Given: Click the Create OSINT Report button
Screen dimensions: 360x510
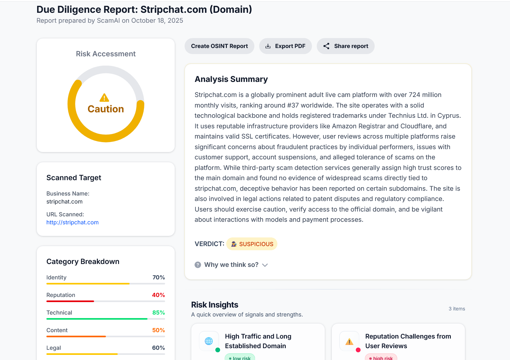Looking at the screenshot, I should [219, 46].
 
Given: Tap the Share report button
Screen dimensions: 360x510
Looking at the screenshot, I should [346, 46].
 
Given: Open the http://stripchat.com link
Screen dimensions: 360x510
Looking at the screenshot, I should [73, 222].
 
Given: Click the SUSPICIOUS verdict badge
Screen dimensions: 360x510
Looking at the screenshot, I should [252, 244].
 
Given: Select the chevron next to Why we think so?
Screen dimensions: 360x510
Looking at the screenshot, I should [265, 265].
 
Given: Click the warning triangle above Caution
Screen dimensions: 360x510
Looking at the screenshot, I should [104, 98].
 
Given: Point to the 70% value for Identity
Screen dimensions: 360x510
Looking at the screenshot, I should [159, 277].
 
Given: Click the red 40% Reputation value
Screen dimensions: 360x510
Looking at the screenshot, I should [158, 295].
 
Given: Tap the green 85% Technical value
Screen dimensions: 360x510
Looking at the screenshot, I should [159, 313].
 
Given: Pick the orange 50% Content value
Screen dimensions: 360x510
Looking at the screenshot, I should [159, 330].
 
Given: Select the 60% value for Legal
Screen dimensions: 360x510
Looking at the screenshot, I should [159, 348].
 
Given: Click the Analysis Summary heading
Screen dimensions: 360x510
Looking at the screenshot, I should [231, 79].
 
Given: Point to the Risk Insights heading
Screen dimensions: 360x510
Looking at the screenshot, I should [215, 305].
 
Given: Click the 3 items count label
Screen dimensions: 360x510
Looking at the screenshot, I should [457, 309].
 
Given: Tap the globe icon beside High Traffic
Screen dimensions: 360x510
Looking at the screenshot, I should [209, 341].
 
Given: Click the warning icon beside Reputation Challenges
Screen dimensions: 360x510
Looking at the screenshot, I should [349, 342].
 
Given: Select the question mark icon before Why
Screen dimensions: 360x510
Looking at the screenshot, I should [198, 265].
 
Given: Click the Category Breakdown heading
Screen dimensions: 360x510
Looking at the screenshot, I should [83, 261].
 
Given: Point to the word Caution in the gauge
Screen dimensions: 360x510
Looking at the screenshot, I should [106, 109].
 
